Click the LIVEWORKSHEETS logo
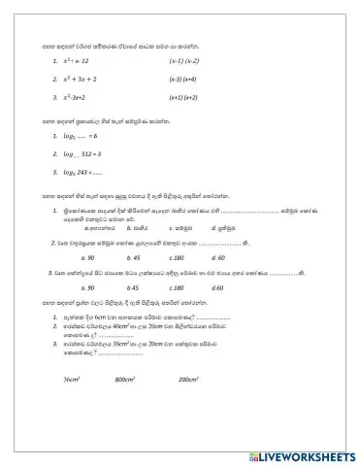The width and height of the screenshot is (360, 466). pyautogui.click(x=291, y=452)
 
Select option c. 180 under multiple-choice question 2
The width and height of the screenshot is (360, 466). pyautogui.click(x=176, y=257)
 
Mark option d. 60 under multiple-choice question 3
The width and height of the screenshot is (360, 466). pyautogui.click(x=216, y=288)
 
